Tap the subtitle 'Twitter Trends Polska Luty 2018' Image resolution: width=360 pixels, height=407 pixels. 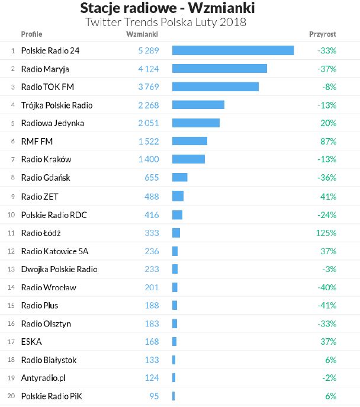tap(166, 23)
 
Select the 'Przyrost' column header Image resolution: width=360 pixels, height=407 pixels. tap(322, 34)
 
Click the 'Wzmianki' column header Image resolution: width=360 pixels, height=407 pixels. tap(142, 34)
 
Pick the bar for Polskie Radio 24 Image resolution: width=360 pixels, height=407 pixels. tap(233, 50)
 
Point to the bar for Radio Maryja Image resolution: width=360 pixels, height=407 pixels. tap(219, 69)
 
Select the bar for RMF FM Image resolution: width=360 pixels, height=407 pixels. tap(189, 141)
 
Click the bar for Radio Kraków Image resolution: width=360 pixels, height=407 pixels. tap(188, 159)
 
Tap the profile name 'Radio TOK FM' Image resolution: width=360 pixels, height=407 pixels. tap(47, 87)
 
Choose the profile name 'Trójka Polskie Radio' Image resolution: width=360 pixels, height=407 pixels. tap(56, 105)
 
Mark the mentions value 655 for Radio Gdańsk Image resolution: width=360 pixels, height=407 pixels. tap(152, 178)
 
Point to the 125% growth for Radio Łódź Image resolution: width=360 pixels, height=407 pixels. tap(326, 233)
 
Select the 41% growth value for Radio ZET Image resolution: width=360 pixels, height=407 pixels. tap(328, 196)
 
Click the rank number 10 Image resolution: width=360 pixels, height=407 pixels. tap(11, 214)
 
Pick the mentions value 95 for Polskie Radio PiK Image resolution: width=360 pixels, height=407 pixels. tap(154, 396)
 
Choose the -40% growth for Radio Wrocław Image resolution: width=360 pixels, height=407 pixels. tap(326, 287)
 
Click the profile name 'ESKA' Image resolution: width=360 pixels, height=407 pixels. tap(31, 342)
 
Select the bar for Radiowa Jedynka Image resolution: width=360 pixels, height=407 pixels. tap(195, 123)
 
